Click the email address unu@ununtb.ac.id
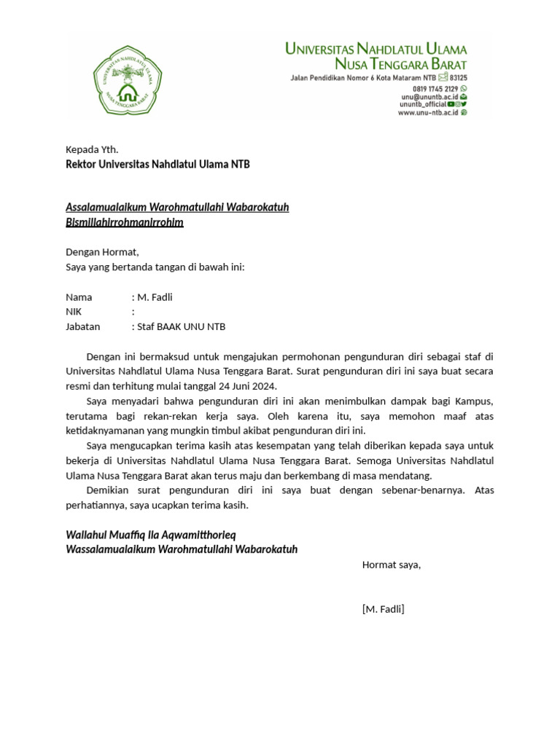[429, 96]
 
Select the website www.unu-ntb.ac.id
[427, 113]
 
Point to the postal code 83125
[459, 77]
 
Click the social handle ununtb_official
[422, 104]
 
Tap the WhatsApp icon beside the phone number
[464, 87]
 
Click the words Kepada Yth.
[92, 149]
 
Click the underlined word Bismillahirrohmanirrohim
[125, 222]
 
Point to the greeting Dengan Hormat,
[102, 252]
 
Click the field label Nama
[79, 297]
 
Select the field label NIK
[74, 312]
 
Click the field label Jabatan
[83, 326]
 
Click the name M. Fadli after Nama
[155, 297]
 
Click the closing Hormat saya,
[392, 565]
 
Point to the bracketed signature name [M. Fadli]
[383, 609]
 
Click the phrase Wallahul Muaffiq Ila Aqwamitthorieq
[151, 535]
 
